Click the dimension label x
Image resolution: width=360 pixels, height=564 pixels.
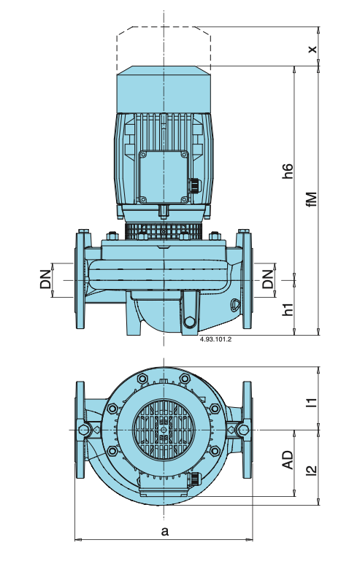pyautogui.click(x=313, y=48)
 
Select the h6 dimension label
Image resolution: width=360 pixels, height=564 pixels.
pyautogui.click(x=288, y=171)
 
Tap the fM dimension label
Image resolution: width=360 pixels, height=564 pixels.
pyautogui.click(x=313, y=199)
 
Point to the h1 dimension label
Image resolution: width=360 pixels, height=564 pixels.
pyautogui.click(x=288, y=309)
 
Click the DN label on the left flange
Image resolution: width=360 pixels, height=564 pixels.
pyautogui.click(x=46, y=279)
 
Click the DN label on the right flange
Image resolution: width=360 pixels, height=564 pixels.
pyautogui.click(x=268, y=279)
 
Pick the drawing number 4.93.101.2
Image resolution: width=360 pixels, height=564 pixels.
pyautogui.click(x=215, y=339)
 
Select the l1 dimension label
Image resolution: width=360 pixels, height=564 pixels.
pyautogui.click(x=313, y=402)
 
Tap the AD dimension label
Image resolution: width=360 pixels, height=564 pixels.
pyautogui.click(x=288, y=460)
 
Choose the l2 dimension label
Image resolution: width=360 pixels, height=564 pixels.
pyautogui.click(x=313, y=470)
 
